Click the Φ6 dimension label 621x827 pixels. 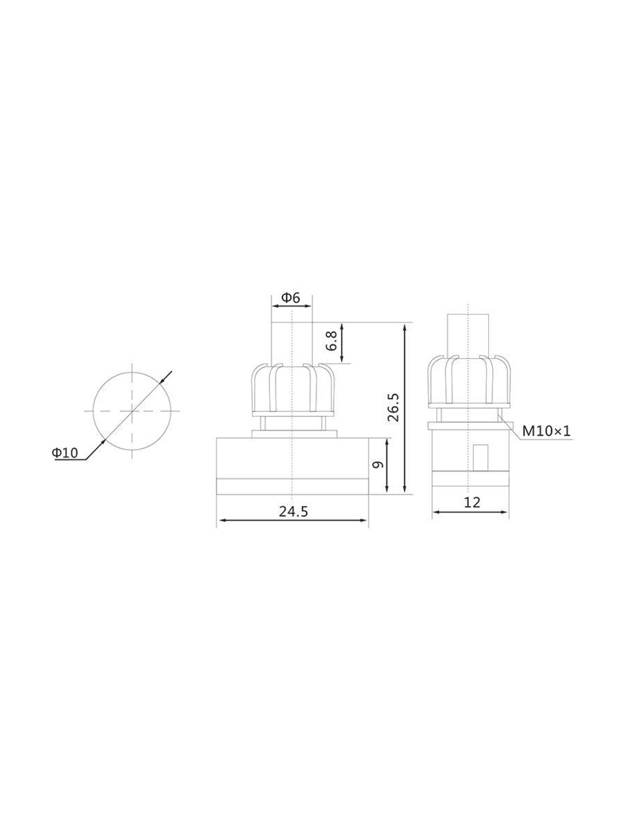point(291,298)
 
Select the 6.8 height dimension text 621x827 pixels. point(332,342)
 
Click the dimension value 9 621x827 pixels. point(378,465)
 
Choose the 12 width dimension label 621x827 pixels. point(471,503)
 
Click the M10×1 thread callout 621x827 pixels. point(546,431)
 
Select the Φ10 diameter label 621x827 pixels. point(65,452)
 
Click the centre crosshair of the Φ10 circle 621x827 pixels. point(132,410)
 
